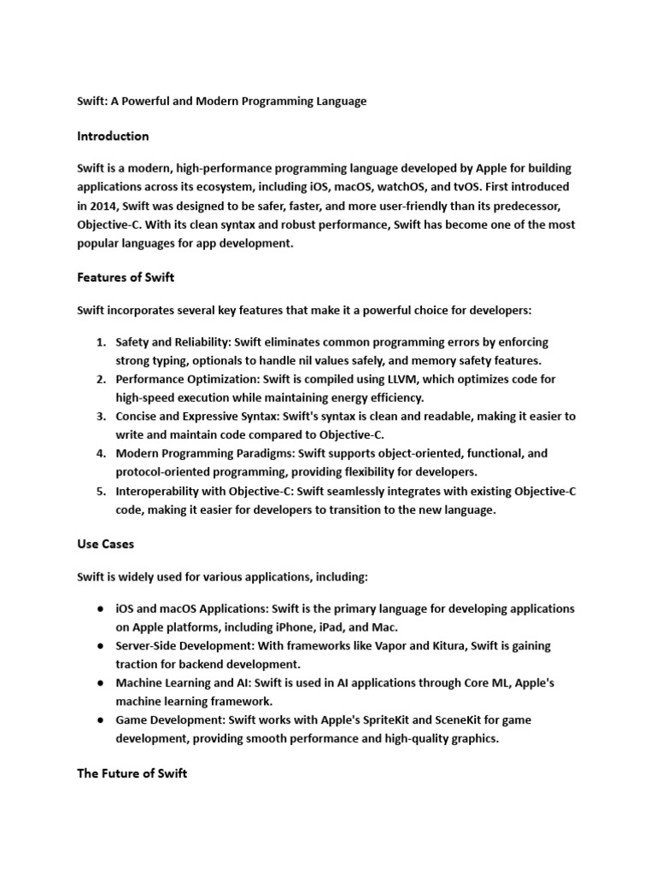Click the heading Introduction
(113, 136)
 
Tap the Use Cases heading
(105, 543)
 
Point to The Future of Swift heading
(132, 773)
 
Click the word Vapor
(375, 645)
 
